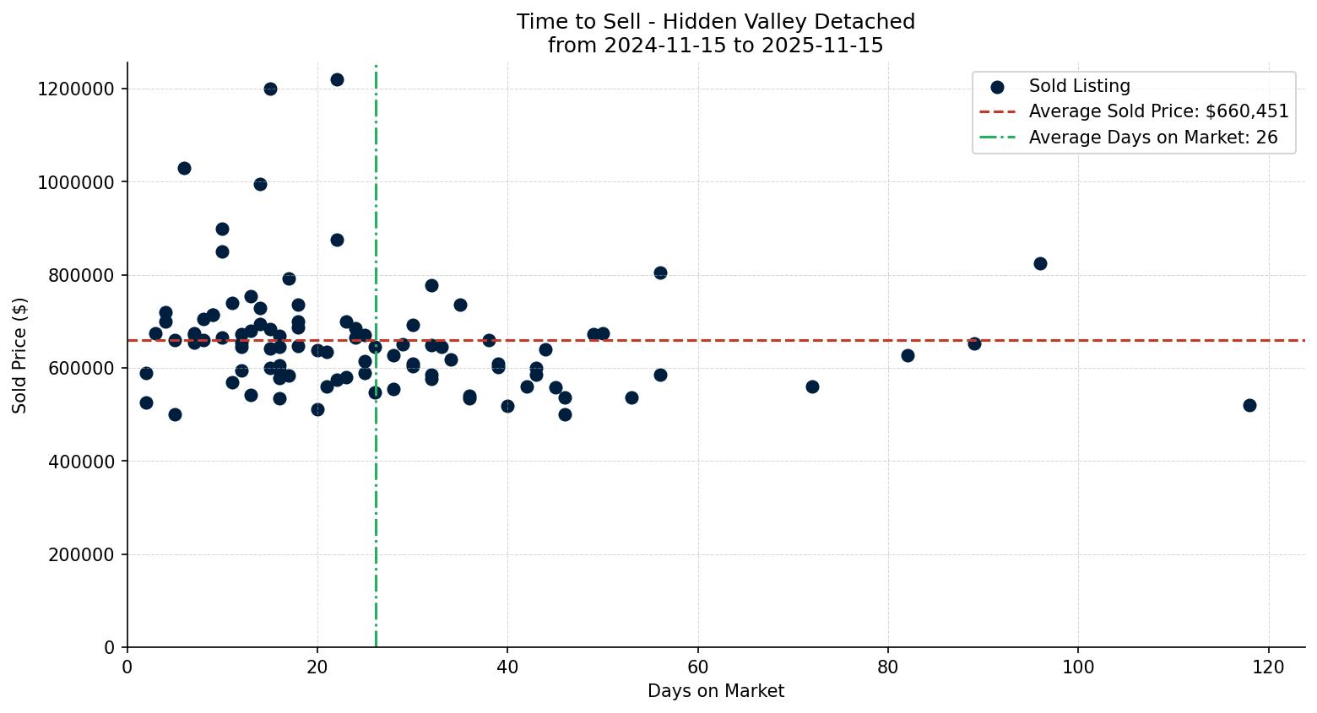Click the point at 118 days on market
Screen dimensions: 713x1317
pos(1249,405)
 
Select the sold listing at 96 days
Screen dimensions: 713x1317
pos(1040,263)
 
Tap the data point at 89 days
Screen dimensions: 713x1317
pos(974,343)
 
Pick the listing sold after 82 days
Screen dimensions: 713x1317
pos(908,355)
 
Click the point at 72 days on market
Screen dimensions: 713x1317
pos(812,386)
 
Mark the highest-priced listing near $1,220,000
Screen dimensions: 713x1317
pos(337,79)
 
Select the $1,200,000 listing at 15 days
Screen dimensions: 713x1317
pos(270,89)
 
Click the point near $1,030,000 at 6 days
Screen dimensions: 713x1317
pos(184,168)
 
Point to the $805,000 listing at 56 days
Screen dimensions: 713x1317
pos(660,273)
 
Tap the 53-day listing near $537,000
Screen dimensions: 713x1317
pos(631,397)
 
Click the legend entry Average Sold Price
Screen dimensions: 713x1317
pos(1158,111)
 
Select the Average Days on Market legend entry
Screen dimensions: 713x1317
pos(1152,138)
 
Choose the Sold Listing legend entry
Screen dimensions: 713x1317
pos(1079,86)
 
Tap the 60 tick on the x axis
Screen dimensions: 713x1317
pos(697,667)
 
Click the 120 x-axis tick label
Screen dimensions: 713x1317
pos(1268,667)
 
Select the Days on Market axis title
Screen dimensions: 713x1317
pos(715,692)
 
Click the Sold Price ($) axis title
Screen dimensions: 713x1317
pos(20,355)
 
